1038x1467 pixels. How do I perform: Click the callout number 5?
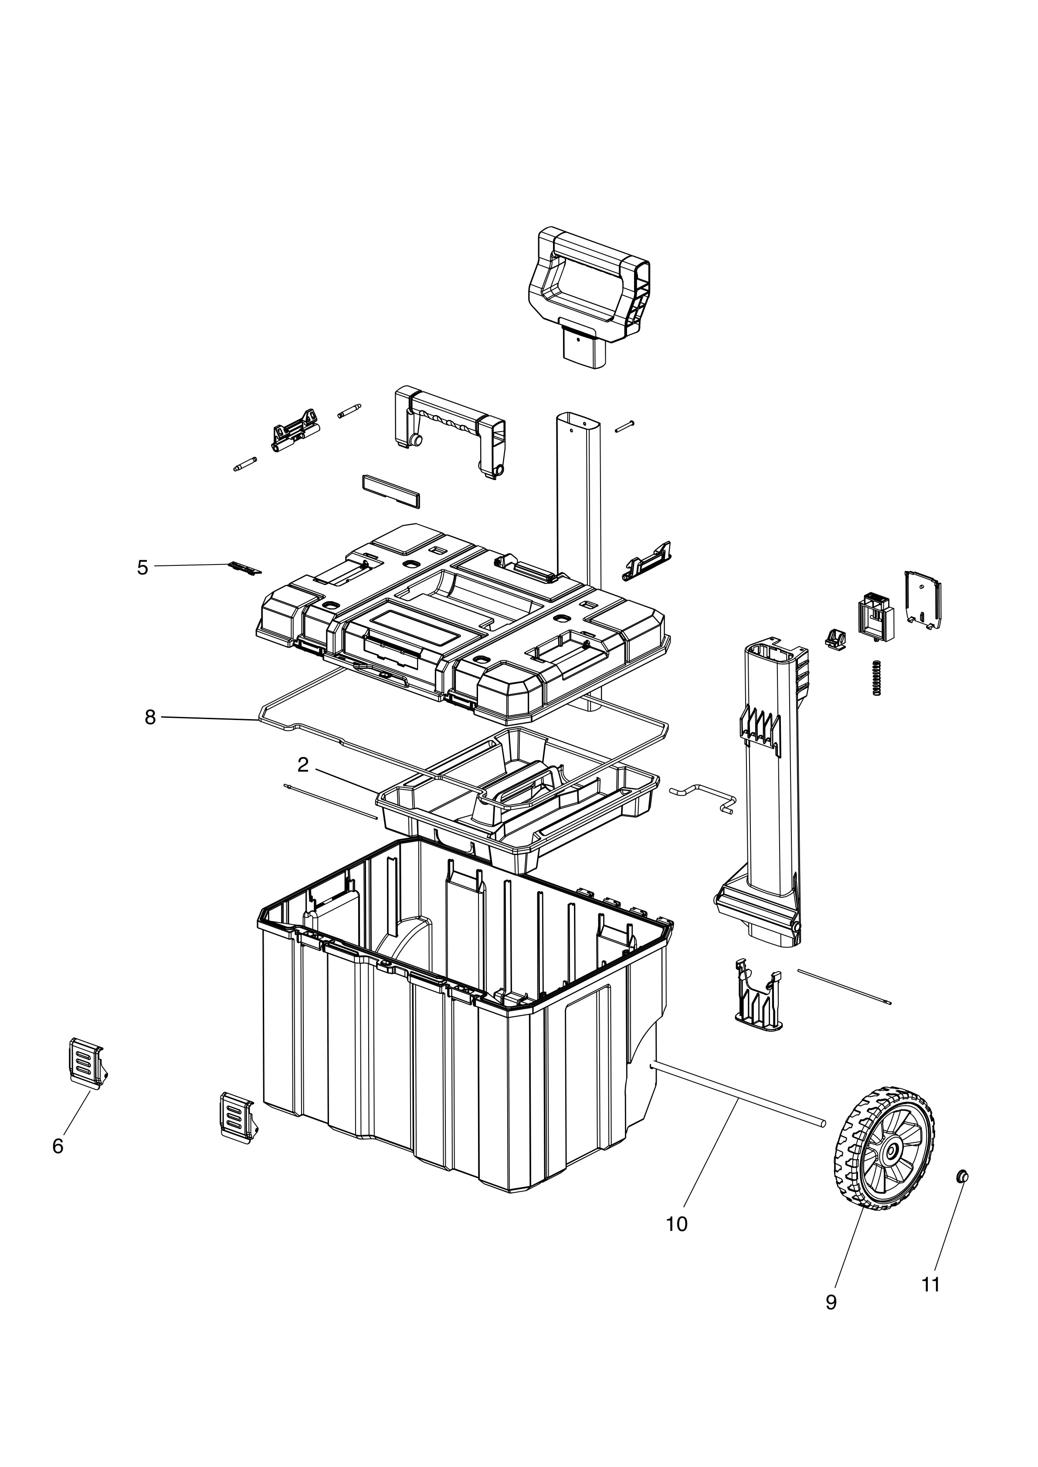pyautogui.click(x=142, y=568)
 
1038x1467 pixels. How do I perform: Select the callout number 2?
pyautogui.click(x=303, y=765)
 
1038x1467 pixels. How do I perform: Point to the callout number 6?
pyautogui.click(x=58, y=1146)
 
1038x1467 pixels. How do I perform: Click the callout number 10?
pyautogui.click(x=677, y=1224)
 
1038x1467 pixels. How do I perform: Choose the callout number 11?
pyautogui.click(x=931, y=1284)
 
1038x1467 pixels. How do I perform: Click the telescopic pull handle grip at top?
pyautogui.click(x=588, y=297)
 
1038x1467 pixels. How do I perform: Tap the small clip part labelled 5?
pyautogui.click(x=245, y=568)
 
